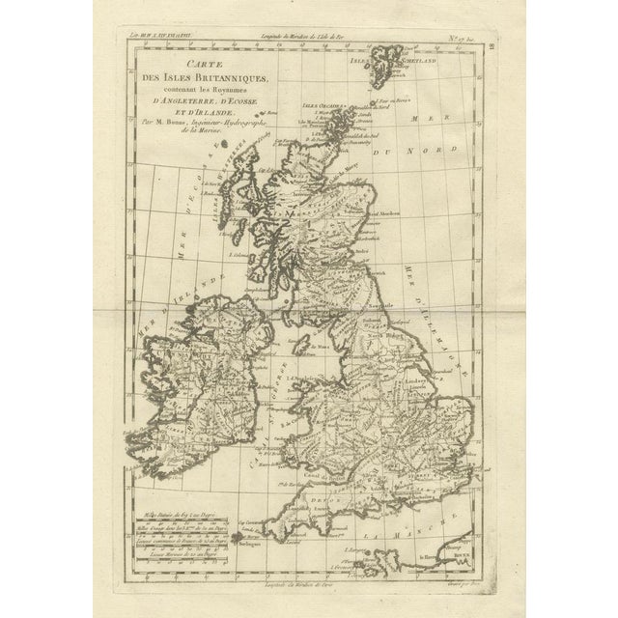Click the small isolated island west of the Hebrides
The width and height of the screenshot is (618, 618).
(x=225, y=145)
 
